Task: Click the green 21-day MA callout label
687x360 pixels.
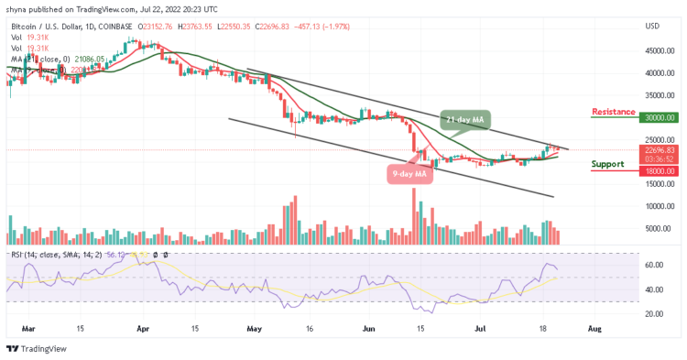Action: pos(466,120)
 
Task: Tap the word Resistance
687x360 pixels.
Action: pos(614,112)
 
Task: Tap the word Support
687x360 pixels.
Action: pos(615,164)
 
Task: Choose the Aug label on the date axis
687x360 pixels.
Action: pos(595,326)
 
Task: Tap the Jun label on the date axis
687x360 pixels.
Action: pos(369,326)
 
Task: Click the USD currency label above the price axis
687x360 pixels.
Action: pos(653,26)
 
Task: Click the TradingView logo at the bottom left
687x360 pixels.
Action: pos(37,348)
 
